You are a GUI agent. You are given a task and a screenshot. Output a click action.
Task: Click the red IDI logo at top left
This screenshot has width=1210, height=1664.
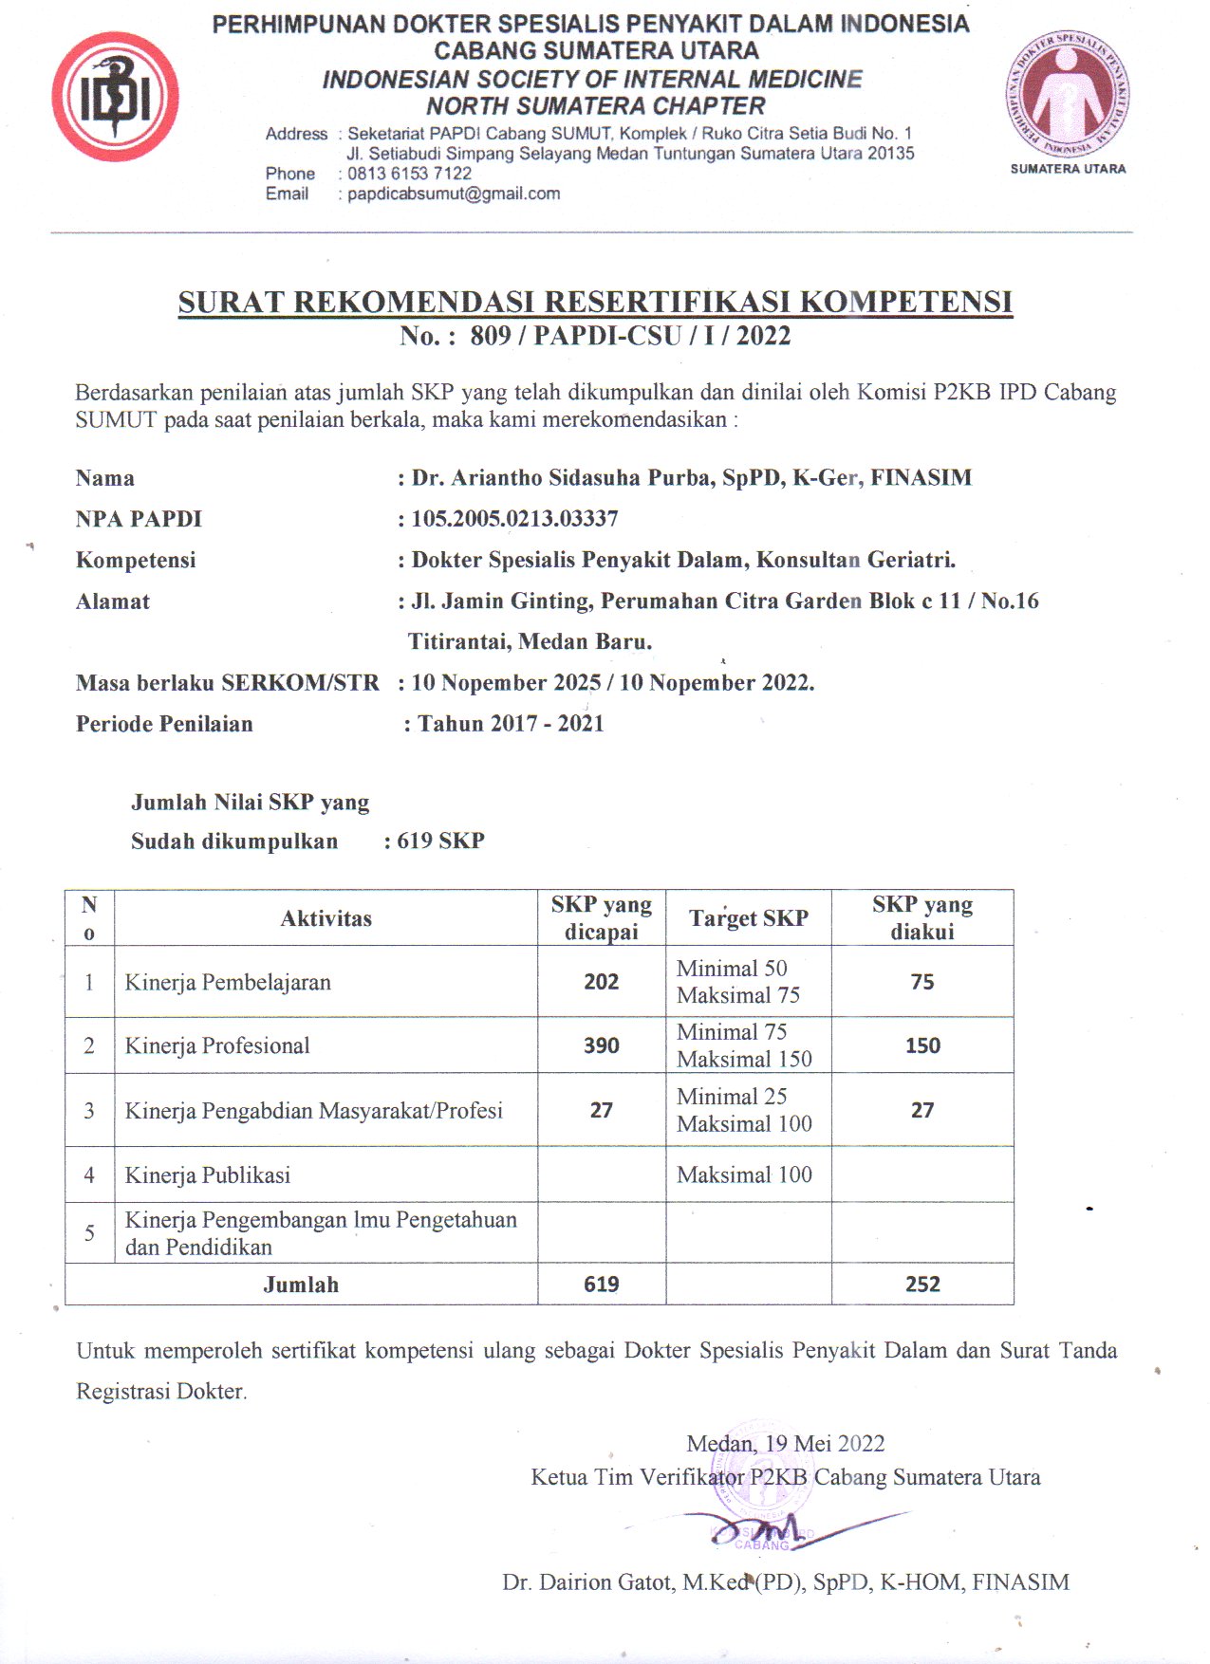click(115, 97)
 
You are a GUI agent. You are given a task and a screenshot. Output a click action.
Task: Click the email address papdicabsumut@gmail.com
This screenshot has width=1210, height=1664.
click(454, 194)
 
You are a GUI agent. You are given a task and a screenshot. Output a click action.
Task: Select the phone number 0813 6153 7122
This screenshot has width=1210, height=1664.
click(409, 174)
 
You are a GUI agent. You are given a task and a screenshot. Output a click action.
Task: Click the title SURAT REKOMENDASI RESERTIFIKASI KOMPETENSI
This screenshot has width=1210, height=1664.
click(595, 302)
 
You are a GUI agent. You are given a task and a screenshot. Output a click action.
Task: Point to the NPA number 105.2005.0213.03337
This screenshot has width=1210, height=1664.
click(514, 519)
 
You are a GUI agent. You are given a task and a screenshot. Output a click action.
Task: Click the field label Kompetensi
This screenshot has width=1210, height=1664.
click(136, 560)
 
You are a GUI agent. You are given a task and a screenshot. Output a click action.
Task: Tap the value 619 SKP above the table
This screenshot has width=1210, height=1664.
click(440, 841)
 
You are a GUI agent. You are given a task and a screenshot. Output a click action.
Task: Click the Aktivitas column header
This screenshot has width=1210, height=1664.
click(326, 918)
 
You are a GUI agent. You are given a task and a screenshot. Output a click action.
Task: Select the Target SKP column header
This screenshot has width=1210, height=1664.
click(749, 918)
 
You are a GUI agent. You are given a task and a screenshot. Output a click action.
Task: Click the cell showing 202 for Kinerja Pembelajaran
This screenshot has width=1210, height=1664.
click(602, 982)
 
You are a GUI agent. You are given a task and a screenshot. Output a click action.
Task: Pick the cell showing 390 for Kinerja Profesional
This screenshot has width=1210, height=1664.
click(602, 1045)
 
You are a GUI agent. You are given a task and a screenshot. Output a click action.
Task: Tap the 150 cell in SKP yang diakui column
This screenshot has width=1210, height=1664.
click(922, 1045)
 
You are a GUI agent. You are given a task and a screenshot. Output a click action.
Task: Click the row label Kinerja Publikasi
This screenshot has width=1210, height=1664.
click(208, 1175)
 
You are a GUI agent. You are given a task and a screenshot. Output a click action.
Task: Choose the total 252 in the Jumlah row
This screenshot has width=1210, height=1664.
click(922, 1285)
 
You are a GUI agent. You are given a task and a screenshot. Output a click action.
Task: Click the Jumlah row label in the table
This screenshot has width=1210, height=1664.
click(301, 1285)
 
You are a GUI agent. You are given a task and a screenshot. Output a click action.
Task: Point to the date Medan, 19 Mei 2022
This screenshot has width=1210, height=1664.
click(785, 1444)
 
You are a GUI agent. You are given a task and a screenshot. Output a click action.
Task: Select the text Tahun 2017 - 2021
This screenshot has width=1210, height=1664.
click(511, 724)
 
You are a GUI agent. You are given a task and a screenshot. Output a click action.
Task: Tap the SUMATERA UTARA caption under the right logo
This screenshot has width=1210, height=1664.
click(1068, 169)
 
